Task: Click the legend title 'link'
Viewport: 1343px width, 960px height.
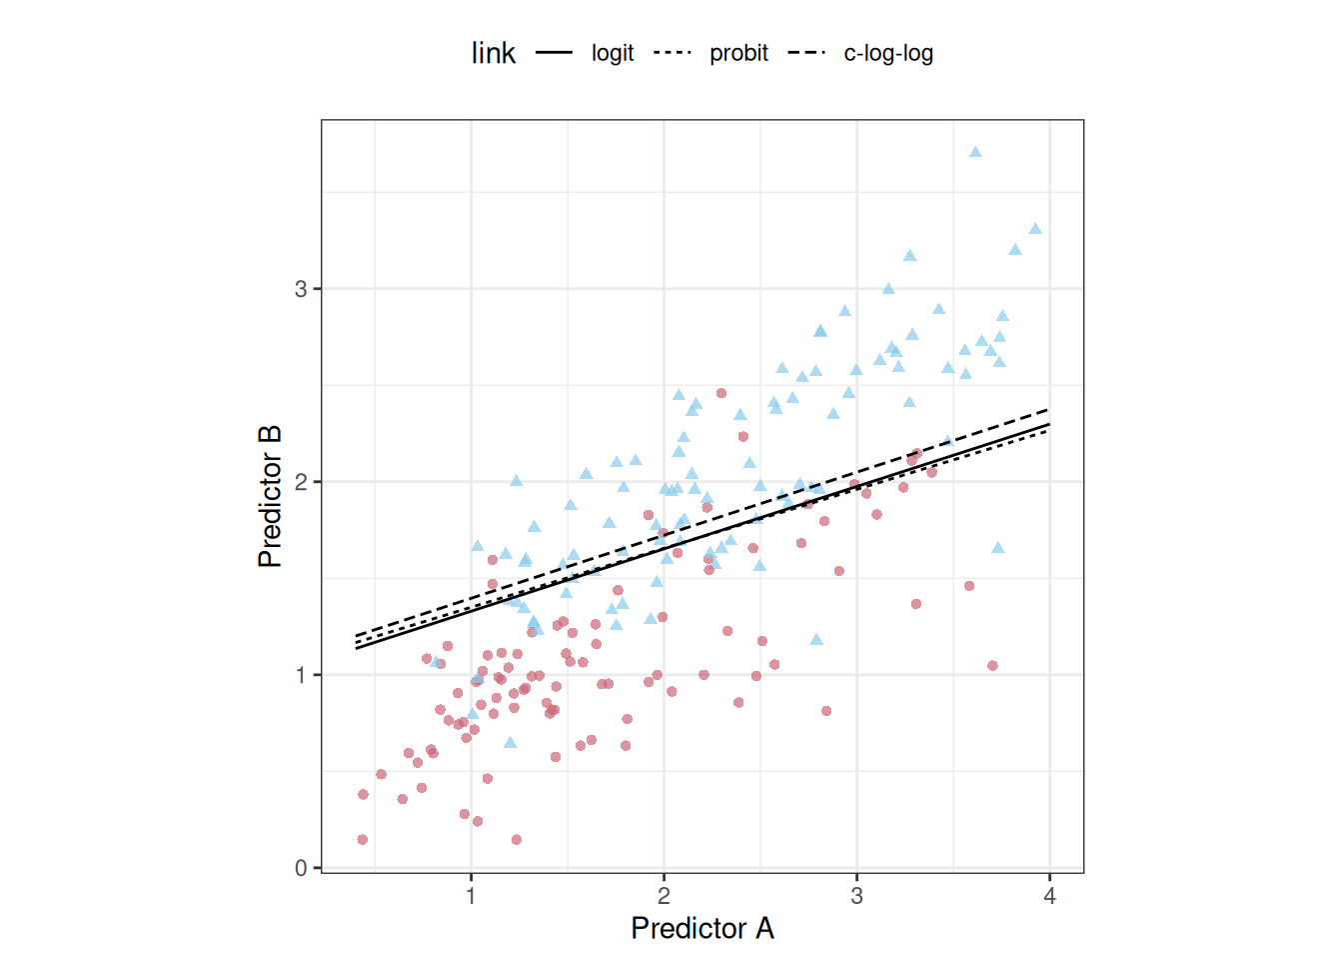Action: click(494, 53)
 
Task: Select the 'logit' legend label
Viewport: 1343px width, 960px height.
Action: click(613, 53)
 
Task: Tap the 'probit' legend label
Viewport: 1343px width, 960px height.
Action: click(738, 53)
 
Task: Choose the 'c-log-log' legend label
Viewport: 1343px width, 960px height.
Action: click(888, 53)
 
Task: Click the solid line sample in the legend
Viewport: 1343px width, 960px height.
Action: click(555, 53)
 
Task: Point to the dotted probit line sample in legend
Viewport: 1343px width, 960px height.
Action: click(672, 53)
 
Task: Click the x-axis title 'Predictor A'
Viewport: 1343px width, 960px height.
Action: click(702, 928)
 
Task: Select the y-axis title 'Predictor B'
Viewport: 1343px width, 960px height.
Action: click(270, 496)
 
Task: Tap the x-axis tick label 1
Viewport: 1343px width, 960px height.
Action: click(471, 896)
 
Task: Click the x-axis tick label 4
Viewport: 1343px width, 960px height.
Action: click(1049, 896)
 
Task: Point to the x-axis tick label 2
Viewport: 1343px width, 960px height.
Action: click(664, 896)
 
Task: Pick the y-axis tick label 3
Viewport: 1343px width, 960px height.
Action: click(301, 289)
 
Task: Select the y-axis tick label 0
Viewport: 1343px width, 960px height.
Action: click(301, 868)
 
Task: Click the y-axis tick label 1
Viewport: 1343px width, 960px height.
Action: click(301, 675)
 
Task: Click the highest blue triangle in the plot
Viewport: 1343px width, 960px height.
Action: click(975, 152)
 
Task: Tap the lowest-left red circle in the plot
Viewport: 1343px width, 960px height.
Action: click(363, 840)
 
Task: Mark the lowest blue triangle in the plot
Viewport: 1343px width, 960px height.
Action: click(511, 743)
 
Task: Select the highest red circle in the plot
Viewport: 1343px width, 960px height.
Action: click(721, 393)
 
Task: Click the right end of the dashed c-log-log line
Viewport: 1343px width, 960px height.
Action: click(1048, 410)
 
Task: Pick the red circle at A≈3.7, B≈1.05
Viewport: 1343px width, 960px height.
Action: click(992, 665)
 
